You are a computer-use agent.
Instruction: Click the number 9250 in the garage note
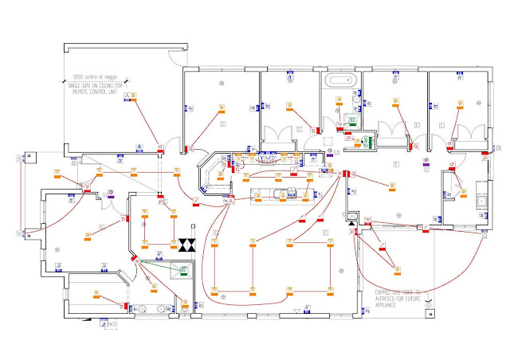coord(78,76)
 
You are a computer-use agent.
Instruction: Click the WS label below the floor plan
coord(111,324)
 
